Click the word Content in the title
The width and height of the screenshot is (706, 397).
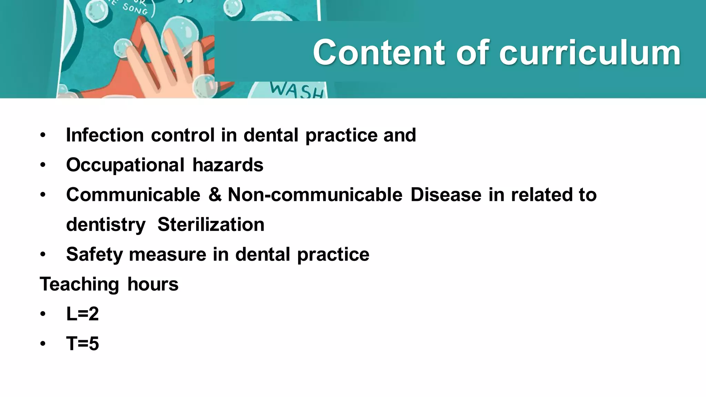pyautogui.click(x=379, y=52)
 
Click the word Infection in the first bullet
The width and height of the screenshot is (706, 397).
pyautogui.click(x=105, y=135)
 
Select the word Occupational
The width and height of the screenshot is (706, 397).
pyautogui.click(x=125, y=165)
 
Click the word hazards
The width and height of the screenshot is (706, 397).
pyautogui.click(x=228, y=165)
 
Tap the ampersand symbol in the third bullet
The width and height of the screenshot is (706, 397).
pyautogui.click(x=215, y=195)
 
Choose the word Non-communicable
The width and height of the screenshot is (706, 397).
pyautogui.click(x=315, y=195)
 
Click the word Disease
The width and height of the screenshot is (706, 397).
pyautogui.click(x=446, y=195)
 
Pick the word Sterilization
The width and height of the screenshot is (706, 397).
pyautogui.click(x=211, y=225)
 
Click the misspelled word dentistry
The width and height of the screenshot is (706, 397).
pyautogui.click(x=106, y=225)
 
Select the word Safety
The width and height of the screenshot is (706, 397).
pyautogui.click(x=94, y=254)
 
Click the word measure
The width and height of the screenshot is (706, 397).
pyautogui.click(x=167, y=254)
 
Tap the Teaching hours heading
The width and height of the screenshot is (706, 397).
pyautogui.click(x=109, y=284)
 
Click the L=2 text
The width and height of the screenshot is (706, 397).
pyautogui.click(x=82, y=314)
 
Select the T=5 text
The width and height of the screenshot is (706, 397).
pyautogui.click(x=82, y=344)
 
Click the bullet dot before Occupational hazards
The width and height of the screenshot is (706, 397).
pyautogui.click(x=42, y=165)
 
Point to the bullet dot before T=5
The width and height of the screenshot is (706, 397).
pyautogui.click(x=42, y=344)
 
